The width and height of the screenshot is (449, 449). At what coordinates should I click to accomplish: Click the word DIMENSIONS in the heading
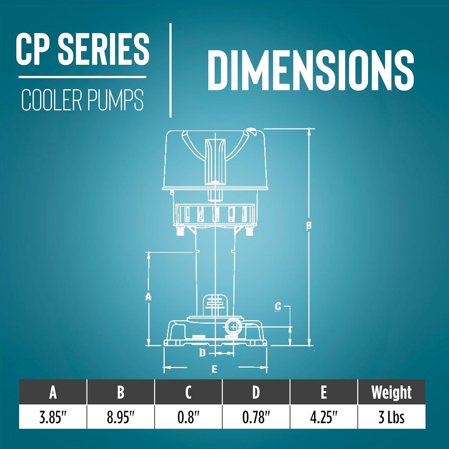click(x=310, y=70)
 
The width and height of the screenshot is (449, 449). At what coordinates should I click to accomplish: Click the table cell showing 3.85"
click(x=53, y=417)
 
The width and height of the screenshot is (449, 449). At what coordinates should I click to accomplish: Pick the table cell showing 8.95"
click(x=121, y=417)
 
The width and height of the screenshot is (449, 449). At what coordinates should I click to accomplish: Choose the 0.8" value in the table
click(x=188, y=417)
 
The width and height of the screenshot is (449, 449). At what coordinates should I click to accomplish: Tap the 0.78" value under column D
click(x=256, y=417)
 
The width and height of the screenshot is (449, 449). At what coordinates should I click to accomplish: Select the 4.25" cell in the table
click(x=324, y=417)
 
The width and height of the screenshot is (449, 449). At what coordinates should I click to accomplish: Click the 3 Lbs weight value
click(x=391, y=417)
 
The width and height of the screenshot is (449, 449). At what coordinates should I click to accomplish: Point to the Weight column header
click(x=391, y=392)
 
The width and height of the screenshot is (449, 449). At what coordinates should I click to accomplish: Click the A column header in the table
click(x=53, y=392)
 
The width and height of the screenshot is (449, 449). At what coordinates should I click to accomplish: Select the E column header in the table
click(x=324, y=392)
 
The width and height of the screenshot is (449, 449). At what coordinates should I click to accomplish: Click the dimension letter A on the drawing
click(x=148, y=297)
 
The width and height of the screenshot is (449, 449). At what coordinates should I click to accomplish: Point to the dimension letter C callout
click(x=278, y=306)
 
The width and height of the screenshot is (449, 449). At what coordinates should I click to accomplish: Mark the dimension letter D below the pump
click(x=203, y=353)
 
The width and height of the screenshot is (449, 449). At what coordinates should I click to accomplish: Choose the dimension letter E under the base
click(x=214, y=369)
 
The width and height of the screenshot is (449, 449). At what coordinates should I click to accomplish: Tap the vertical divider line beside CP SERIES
click(x=170, y=70)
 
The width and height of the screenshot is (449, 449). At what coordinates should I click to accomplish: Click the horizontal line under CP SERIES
click(x=82, y=77)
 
